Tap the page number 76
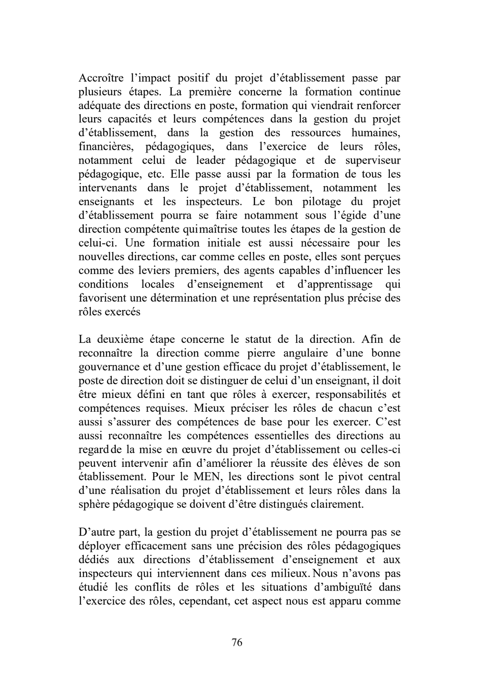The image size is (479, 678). (237, 642)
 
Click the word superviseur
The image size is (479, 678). (373, 160)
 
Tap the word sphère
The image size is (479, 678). (93, 504)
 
